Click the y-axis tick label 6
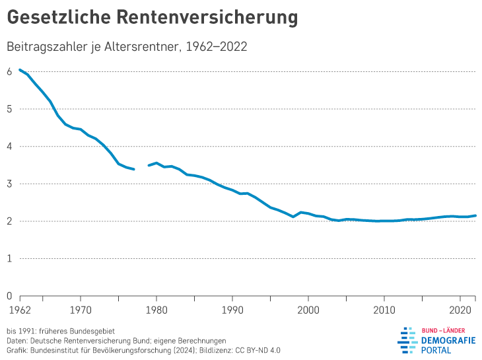pos(9,71)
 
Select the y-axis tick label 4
pos(9,146)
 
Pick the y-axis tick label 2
pos(9,221)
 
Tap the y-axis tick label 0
pos(9,296)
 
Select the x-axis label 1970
pos(80,308)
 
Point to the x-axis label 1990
pos(232,308)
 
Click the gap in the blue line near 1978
pos(141,168)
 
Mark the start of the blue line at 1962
pos(20,69)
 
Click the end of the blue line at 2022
pos(475,215)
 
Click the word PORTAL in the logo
pos(436,350)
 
